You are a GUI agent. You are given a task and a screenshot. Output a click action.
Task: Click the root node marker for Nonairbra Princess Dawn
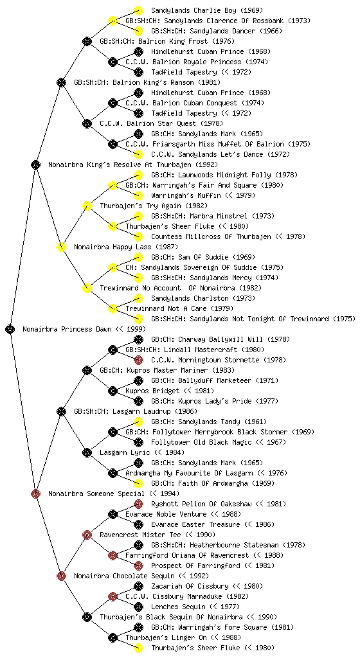pyautogui.click(x=10, y=329)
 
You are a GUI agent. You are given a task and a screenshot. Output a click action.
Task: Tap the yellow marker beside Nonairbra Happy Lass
pyautogui.click(x=61, y=247)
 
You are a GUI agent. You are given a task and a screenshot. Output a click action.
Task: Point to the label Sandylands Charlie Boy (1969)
pyautogui.click(x=207, y=10)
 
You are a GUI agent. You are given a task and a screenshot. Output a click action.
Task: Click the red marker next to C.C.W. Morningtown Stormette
pyautogui.click(x=138, y=360)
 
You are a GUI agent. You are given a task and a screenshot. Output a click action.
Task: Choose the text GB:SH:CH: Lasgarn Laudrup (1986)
pyautogui.click(x=136, y=411)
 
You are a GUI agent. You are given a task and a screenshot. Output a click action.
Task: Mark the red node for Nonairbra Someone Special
pyautogui.click(x=35, y=493)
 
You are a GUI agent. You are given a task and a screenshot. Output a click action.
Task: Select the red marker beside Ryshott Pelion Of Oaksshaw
pyautogui.click(x=138, y=504)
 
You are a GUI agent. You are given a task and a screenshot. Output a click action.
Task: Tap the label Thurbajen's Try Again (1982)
pyautogui.click(x=154, y=206)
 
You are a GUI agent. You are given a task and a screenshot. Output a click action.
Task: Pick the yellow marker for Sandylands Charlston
pyautogui.click(x=138, y=298)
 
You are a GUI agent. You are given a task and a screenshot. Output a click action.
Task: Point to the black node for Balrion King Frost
pyautogui.click(x=87, y=41)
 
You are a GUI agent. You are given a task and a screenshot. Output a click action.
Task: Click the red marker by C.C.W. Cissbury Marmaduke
pyautogui.click(x=113, y=596)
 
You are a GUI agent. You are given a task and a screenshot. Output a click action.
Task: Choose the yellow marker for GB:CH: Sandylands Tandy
pyautogui.click(x=138, y=422)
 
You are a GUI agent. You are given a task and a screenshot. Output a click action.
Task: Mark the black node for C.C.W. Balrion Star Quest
pyautogui.click(x=87, y=123)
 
